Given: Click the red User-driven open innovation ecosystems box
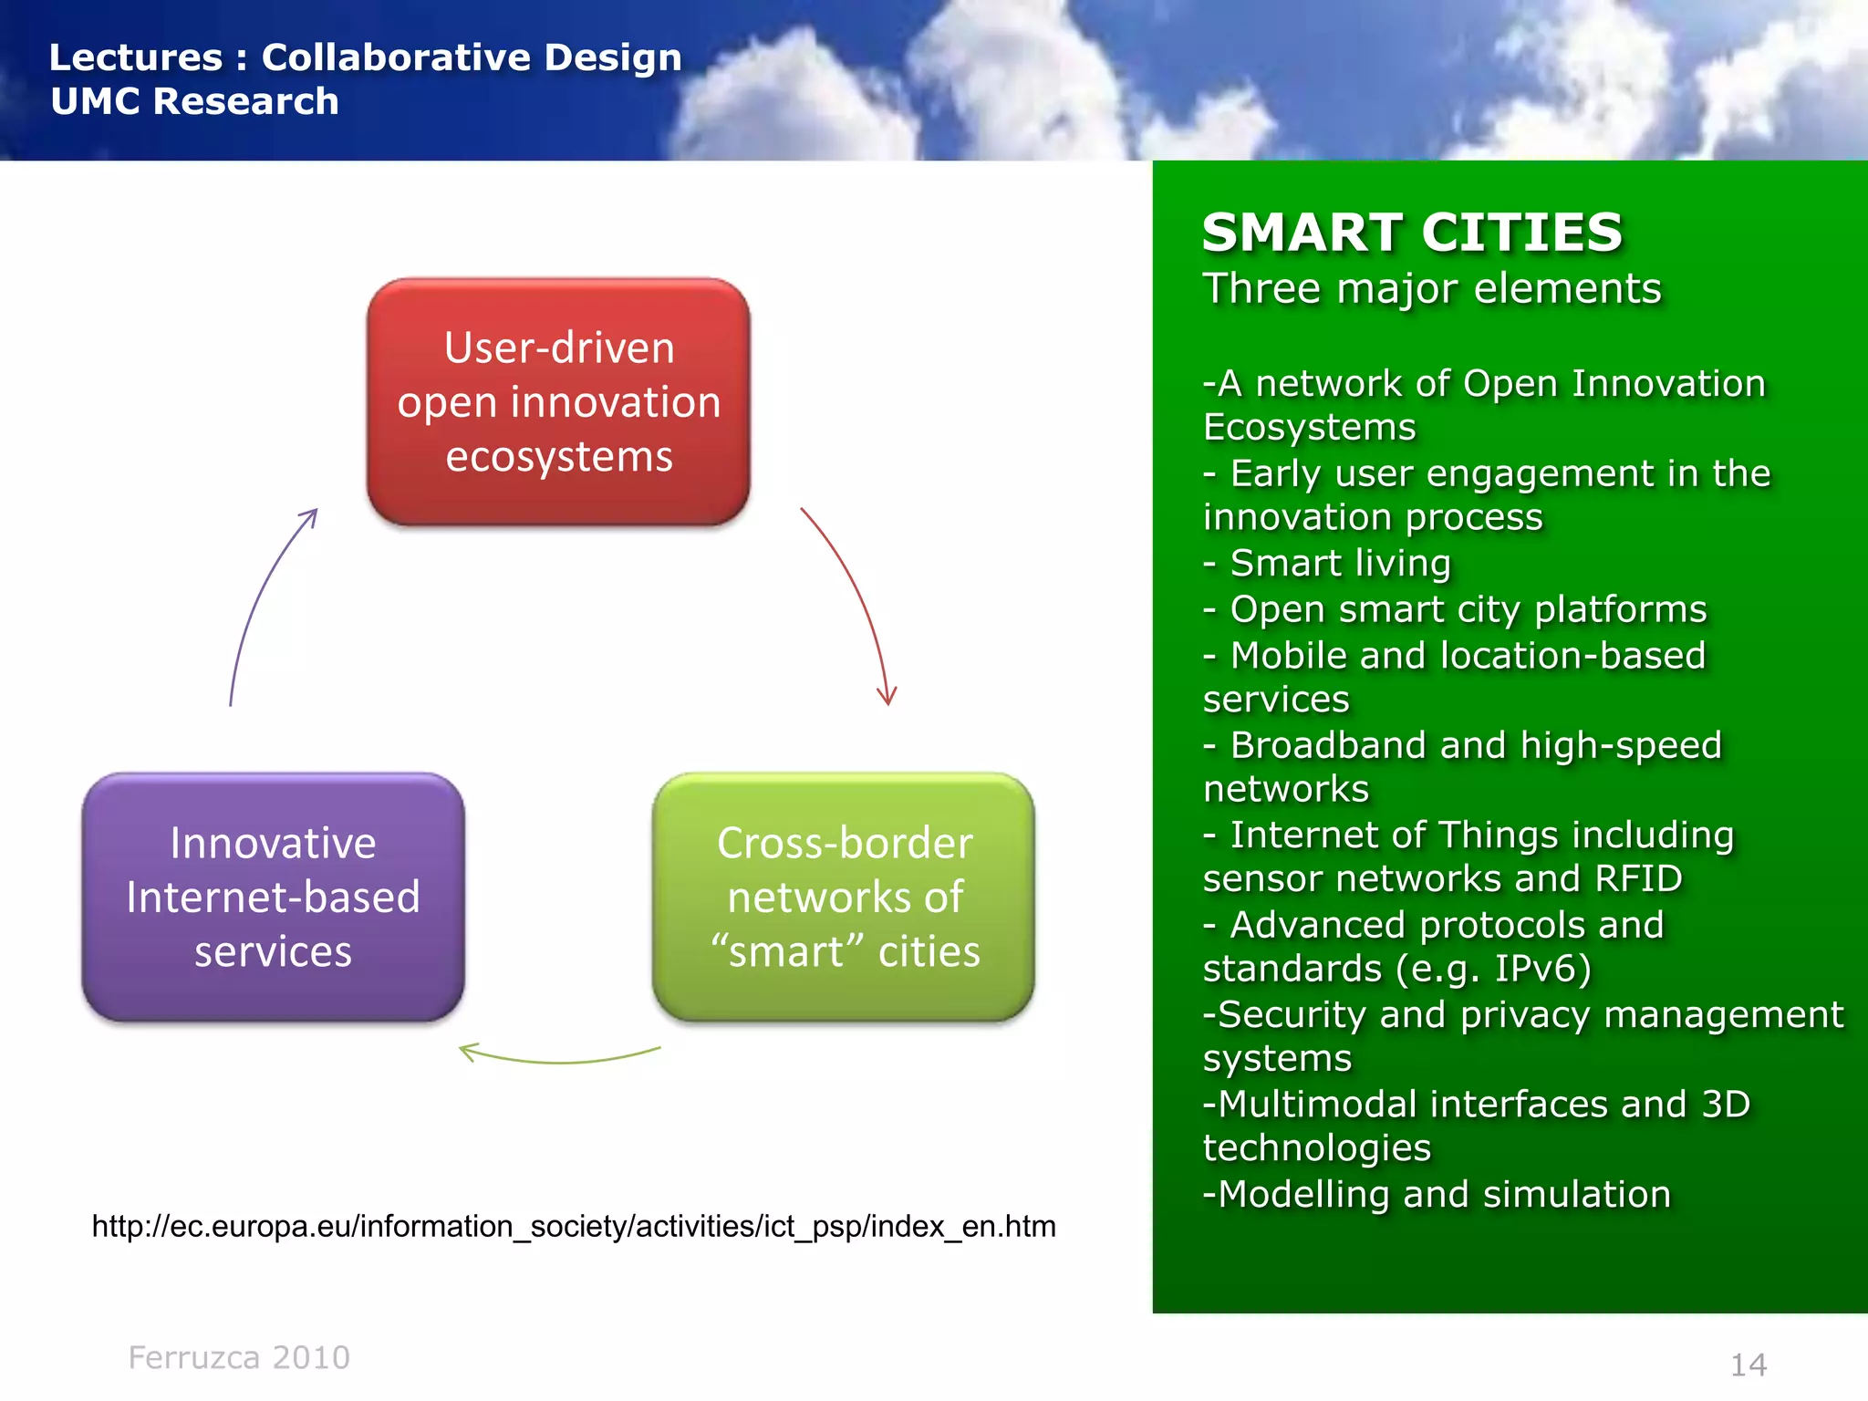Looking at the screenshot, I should (x=558, y=402).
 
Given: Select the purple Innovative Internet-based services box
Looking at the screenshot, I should (x=273, y=898).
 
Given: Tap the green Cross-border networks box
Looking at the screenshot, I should (x=844, y=898).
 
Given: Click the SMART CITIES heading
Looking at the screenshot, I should (x=1412, y=233).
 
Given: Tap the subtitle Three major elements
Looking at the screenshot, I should (x=1432, y=289).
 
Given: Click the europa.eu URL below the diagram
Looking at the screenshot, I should (x=574, y=1226).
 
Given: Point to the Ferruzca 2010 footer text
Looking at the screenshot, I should (x=239, y=1357).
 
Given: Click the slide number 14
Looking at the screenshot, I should (x=1749, y=1365).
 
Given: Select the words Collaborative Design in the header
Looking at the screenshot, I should (x=472, y=57).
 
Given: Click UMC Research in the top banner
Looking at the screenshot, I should (x=194, y=101).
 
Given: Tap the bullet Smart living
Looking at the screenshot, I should (x=1339, y=563).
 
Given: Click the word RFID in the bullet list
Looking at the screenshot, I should (x=1638, y=878).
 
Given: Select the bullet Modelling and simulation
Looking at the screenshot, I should (x=1443, y=1194).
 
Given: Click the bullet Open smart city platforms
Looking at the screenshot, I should (x=1467, y=608).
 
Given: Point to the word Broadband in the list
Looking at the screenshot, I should (x=1329, y=745).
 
